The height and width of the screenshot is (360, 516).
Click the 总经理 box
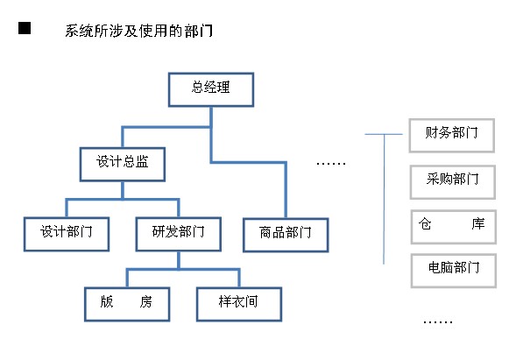click(x=211, y=89)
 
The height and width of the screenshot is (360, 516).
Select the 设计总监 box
click(x=123, y=164)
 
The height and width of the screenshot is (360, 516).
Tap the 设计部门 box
click(x=67, y=234)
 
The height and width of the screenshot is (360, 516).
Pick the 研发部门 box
click(x=179, y=234)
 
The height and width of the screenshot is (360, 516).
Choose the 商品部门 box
click(x=286, y=235)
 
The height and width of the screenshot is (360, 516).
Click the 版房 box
click(x=127, y=305)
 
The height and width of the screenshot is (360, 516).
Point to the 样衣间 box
click(x=239, y=305)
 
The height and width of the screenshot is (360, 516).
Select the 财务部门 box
click(x=452, y=136)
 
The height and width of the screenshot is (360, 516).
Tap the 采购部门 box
click(x=453, y=182)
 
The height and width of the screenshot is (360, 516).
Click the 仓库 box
click(x=454, y=227)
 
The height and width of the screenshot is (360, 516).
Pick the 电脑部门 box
click(x=454, y=271)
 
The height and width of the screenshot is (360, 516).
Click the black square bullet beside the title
click(x=25, y=28)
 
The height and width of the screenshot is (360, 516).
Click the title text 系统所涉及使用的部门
click(x=138, y=31)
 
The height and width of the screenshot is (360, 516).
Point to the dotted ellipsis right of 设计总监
click(x=331, y=163)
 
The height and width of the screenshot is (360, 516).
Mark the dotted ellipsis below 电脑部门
click(x=438, y=321)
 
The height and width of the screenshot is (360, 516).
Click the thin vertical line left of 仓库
click(x=384, y=199)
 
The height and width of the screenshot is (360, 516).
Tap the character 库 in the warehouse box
click(x=477, y=223)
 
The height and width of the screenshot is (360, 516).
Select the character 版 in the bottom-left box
click(x=107, y=301)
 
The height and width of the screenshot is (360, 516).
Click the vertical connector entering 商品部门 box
click(x=286, y=190)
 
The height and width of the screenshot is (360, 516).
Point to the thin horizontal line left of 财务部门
click(x=384, y=134)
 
